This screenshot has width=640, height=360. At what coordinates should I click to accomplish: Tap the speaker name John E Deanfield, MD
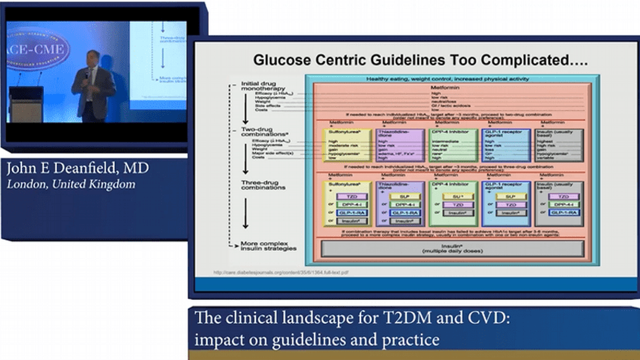78,168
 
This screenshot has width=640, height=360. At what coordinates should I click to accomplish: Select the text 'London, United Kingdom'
71,184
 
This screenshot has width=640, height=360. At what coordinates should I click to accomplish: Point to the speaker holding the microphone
93,84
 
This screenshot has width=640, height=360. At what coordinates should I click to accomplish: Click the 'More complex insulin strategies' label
268,245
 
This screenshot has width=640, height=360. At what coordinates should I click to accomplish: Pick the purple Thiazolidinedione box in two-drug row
400,145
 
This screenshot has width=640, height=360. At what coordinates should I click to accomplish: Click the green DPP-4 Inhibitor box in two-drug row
452,145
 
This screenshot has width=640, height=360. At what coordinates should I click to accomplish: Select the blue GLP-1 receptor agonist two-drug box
507,145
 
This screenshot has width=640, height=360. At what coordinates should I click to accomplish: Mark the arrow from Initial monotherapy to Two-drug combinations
246,110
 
